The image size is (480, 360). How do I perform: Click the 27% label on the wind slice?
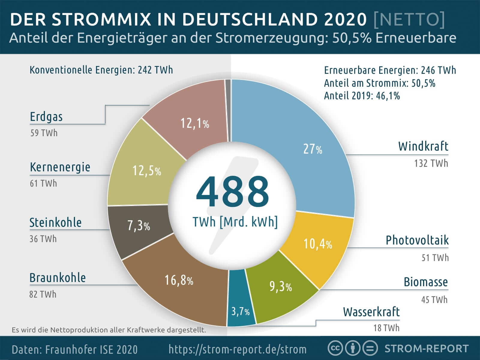tap(313, 149)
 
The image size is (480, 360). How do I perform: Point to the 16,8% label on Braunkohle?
tap(179, 280)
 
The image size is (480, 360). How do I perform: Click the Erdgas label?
tap(46, 117)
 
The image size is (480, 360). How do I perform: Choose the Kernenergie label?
tap(60, 167)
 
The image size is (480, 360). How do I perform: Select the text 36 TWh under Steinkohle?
tap(43, 239)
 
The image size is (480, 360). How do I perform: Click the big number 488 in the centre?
tap(232, 192)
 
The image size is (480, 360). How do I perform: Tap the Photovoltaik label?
tap(417, 240)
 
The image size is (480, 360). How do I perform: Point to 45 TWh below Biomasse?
tap(434, 299)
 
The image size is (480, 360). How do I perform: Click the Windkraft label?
tap(423, 146)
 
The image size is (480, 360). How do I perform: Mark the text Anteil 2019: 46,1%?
tap(362, 96)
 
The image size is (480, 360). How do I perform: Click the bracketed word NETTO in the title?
tap(409, 19)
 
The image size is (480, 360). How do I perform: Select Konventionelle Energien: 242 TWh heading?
tap(101, 70)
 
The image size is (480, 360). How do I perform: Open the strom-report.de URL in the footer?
tap(238, 349)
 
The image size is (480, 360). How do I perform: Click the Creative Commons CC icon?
tap(335, 348)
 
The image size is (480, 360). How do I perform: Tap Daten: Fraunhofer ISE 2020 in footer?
tap(75, 349)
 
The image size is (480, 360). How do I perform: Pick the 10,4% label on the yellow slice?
tap(318, 244)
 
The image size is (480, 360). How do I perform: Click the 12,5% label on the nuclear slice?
tap(147, 171)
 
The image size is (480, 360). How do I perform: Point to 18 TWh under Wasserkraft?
tap(386, 328)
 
